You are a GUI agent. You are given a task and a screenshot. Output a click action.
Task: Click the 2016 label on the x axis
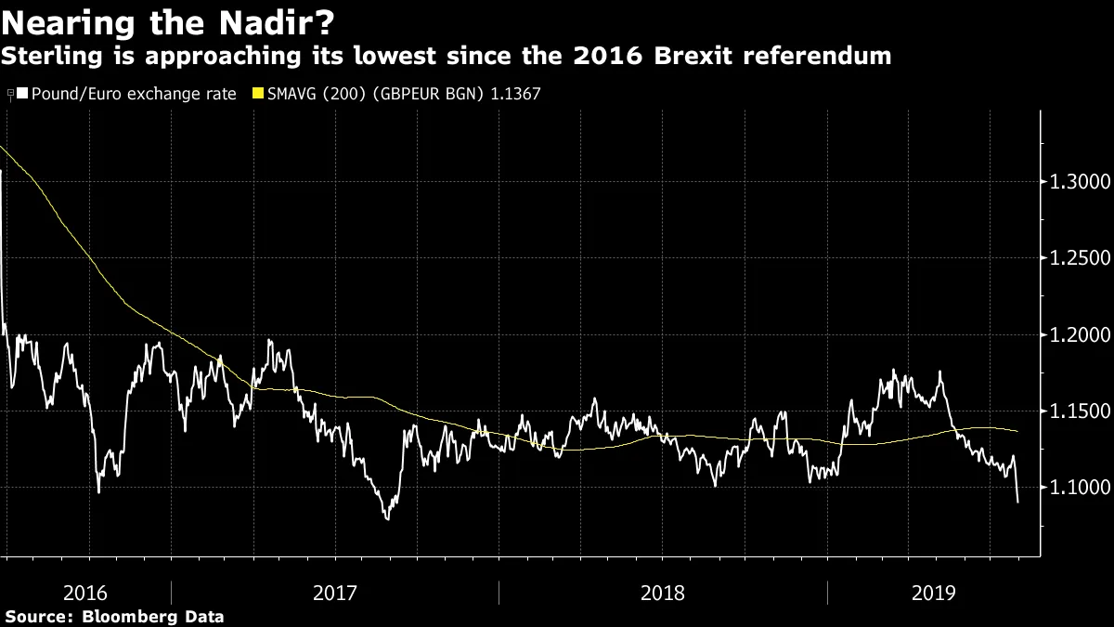(x=86, y=593)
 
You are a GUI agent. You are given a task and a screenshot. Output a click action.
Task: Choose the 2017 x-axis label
(x=335, y=593)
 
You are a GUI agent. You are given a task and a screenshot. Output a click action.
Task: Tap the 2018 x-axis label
(x=663, y=593)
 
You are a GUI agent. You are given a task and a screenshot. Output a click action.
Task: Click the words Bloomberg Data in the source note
(x=153, y=616)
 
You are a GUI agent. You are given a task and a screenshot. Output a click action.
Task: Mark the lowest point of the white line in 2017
(x=386, y=518)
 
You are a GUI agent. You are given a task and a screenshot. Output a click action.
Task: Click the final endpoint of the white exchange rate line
(x=1017, y=503)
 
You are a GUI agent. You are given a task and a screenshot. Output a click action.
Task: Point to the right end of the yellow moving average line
(x=1017, y=431)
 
